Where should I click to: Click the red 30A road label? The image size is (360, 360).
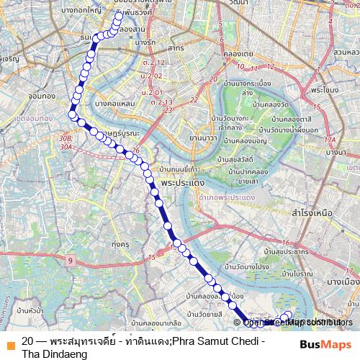[67, 145]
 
